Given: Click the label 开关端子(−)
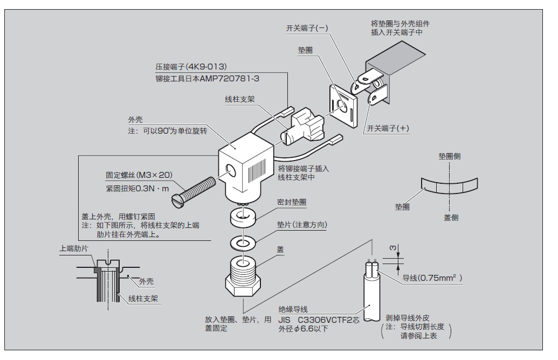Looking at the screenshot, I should click(307, 29).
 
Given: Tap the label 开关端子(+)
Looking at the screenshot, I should click(388, 128).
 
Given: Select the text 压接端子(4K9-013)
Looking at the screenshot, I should click(191, 67).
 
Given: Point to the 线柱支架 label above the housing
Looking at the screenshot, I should click(239, 100).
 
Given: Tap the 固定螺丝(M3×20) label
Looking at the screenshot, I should click(139, 175).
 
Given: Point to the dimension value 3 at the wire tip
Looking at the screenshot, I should click(392, 248).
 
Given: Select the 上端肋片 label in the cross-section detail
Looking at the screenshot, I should click(74, 248).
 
